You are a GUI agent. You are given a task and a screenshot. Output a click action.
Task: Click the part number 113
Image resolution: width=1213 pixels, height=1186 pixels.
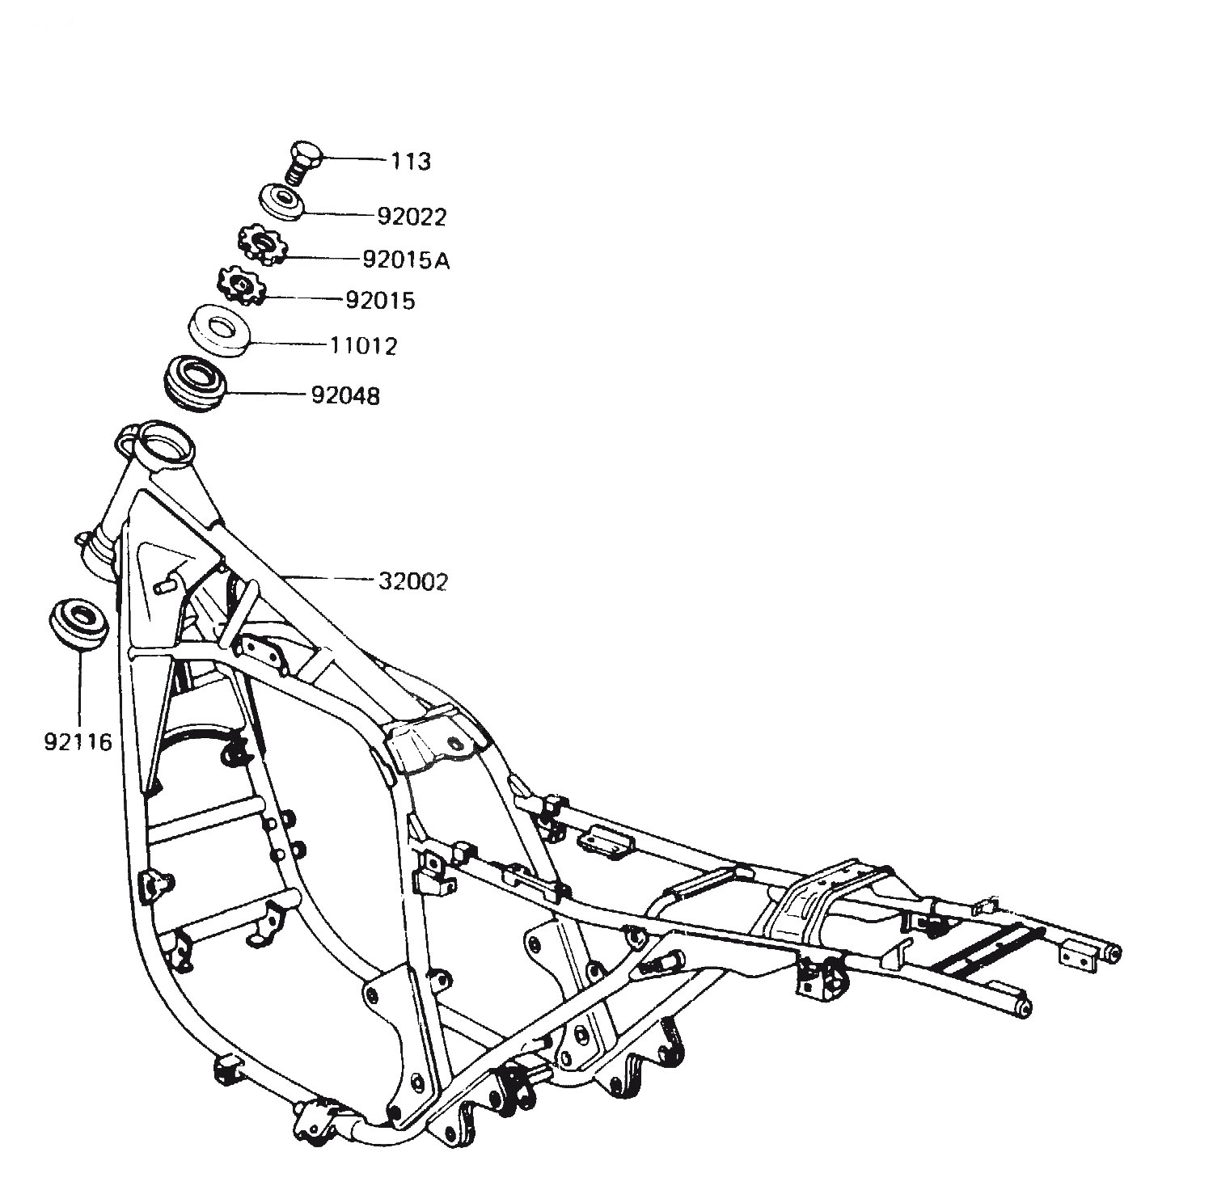pos(412,162)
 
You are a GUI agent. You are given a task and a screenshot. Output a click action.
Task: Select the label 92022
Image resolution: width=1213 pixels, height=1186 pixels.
pos(412,217)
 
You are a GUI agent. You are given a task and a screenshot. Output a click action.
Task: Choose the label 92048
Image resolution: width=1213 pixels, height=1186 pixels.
pos(345,395)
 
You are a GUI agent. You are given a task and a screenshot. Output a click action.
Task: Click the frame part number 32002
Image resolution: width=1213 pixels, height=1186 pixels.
pos(412,581)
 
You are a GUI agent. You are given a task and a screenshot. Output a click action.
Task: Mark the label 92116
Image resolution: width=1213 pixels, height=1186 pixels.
pos(78,742)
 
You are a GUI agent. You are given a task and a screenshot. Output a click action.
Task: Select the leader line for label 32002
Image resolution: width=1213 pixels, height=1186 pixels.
pos(328,579)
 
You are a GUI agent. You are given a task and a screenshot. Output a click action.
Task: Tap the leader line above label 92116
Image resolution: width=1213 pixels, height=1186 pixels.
pos(80,688)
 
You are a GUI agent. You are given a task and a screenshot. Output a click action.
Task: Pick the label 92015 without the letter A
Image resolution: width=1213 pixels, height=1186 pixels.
pos(380,301)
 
